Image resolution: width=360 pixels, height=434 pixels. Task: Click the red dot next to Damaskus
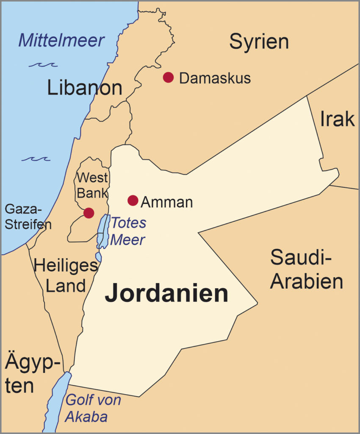169,77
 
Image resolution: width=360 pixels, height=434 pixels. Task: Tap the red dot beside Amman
133,200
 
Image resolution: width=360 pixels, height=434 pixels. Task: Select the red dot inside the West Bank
89,213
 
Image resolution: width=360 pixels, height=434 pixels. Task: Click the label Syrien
259,42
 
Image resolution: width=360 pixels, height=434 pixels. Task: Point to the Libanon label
85,88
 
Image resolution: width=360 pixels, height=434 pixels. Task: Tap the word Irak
337,119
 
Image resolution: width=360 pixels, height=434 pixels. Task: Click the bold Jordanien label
166,294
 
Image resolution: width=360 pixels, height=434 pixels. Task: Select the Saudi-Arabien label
306,269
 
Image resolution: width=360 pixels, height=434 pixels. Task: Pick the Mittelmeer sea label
61,41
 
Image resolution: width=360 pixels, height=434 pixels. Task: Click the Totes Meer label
128,231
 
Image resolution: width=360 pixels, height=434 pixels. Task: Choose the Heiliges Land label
66,275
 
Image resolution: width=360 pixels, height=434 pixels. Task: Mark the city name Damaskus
215,78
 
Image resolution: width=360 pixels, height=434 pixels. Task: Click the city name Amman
166,202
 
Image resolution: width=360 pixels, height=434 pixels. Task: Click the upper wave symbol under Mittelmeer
43,65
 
